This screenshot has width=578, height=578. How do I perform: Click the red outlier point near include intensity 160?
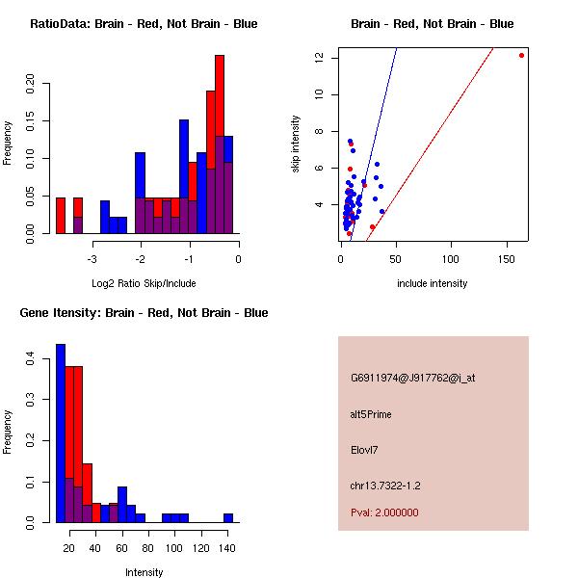[521, 55]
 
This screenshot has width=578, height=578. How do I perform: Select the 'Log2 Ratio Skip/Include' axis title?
[144, 282]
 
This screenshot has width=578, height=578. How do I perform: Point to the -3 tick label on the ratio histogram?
[92, 258]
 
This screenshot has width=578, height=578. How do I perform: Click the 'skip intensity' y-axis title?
[296, 144]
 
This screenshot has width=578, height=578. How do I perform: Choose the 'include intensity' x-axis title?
[432, 283]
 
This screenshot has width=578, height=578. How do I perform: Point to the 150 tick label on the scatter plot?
[506, 258]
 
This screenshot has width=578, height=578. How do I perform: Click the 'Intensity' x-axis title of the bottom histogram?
[144, 572]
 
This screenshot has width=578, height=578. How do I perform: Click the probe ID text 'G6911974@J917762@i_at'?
[412, 378]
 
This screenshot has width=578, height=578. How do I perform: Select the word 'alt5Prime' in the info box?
[371, 414]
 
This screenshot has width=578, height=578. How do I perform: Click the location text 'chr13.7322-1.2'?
[385, 486]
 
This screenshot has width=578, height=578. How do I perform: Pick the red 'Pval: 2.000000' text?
[384, 512]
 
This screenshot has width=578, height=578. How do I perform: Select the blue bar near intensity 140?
[228, 517]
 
